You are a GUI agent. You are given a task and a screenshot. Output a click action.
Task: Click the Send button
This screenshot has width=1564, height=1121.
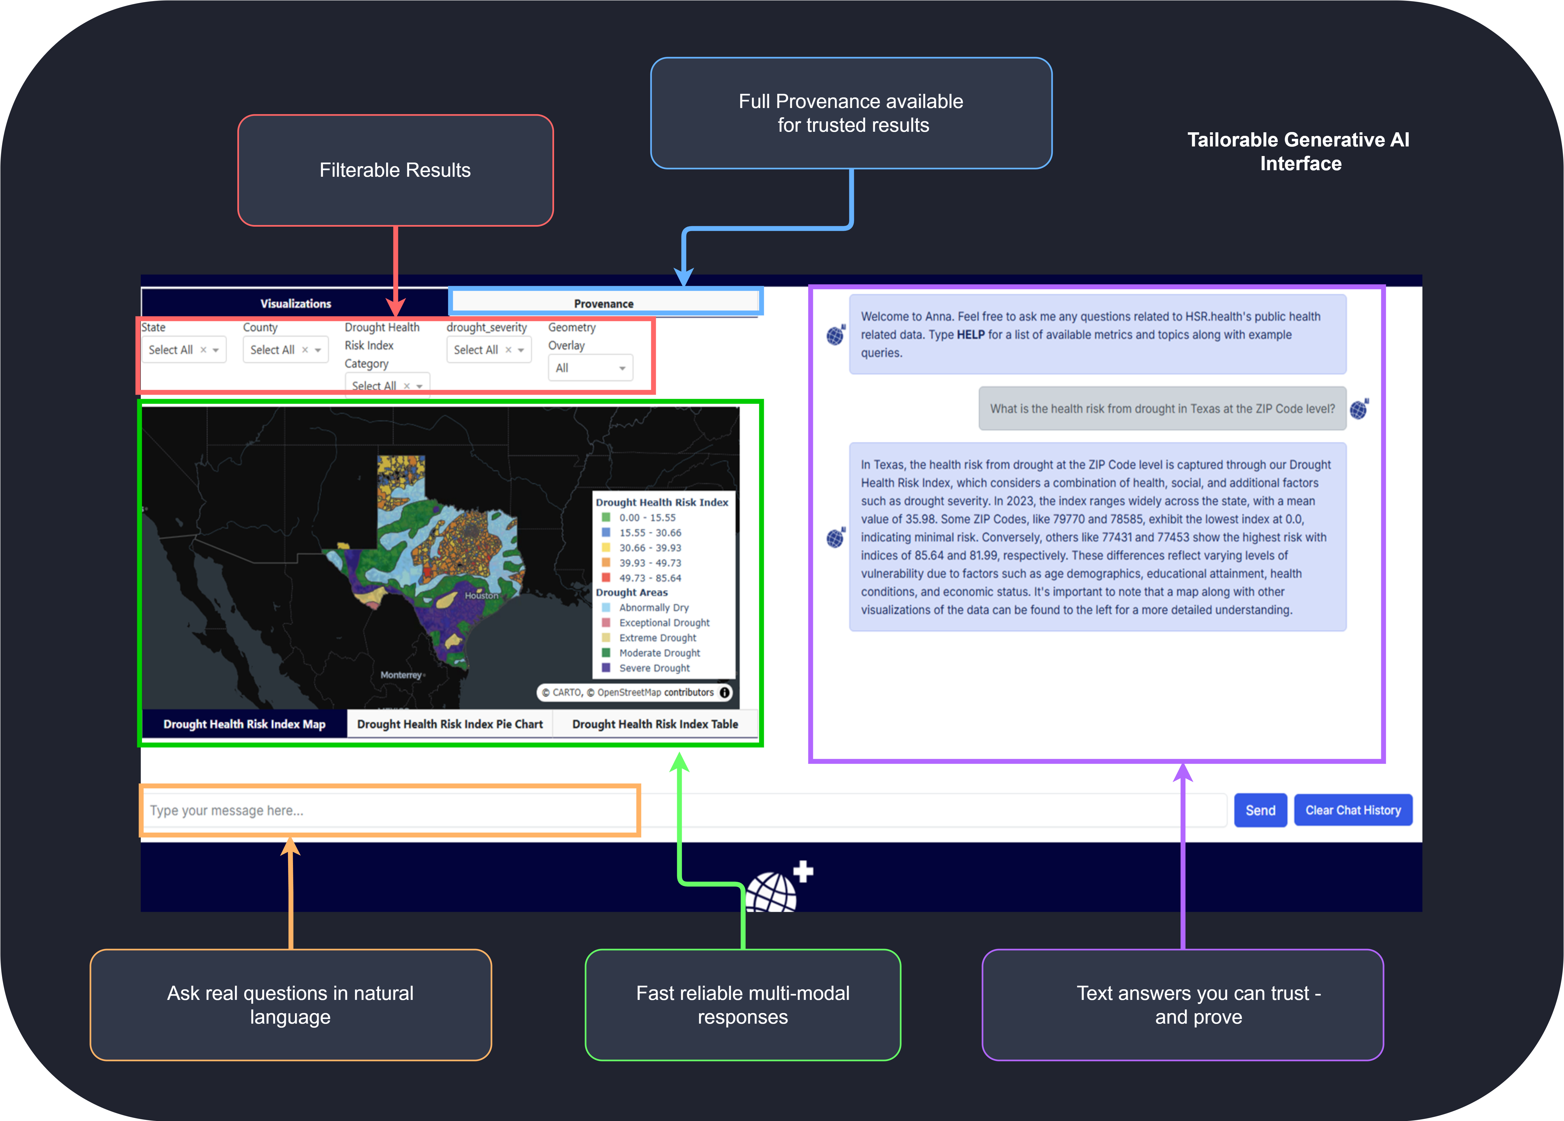click(1260, 810)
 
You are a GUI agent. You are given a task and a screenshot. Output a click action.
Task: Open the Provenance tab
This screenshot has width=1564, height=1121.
click(604, 303)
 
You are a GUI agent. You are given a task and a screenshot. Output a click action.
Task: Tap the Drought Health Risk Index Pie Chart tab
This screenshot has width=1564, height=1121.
click(450, 724)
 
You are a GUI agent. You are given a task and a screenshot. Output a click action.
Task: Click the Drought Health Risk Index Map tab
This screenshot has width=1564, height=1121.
click(244, 724)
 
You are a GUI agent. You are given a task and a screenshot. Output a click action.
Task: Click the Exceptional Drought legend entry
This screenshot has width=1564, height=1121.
click(663, 622)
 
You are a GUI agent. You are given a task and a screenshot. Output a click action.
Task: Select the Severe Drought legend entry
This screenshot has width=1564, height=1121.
click(654, 668)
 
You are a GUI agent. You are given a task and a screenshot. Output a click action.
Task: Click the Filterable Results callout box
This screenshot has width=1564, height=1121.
click(395, 170)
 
